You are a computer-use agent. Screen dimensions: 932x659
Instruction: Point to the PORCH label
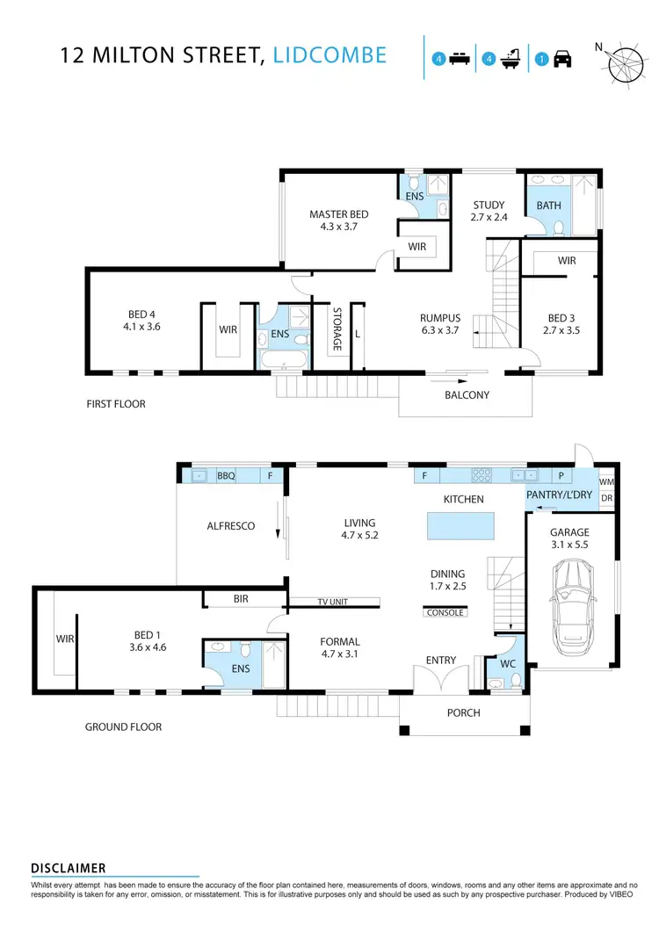point(464,712)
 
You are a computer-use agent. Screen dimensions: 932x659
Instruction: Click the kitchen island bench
point(460,526)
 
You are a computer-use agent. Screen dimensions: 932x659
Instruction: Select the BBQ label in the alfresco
point(227,476)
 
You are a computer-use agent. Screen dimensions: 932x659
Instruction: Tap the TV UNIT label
point(333,603)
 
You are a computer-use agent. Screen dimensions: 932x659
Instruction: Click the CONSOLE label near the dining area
point(445,613)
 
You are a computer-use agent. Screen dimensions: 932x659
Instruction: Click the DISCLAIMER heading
point(69,868)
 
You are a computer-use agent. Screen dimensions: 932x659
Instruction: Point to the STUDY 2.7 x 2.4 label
point(489,211)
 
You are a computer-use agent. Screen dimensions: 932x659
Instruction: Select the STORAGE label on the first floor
point(336,329)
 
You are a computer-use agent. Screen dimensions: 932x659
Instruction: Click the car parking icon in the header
point(563,59)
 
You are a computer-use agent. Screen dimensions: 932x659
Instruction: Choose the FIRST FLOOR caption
point(115,404)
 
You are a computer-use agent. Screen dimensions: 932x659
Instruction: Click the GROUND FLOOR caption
point(123,726)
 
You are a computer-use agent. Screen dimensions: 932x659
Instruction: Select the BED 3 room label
point(563,324)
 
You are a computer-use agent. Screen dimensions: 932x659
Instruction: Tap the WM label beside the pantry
point(606,482)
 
